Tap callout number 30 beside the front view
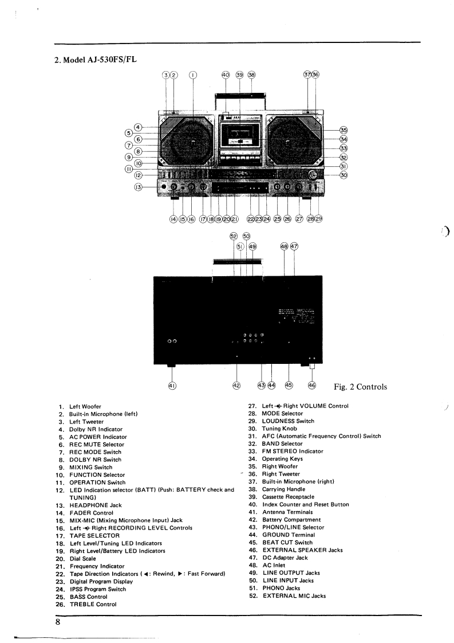click(344, 175)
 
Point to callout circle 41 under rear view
click(171, 386)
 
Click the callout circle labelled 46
click(311, 386)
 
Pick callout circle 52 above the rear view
click(233, 236)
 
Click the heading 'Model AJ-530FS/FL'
click(95, 60)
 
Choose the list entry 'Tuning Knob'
click(281, 429)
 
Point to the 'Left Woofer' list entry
click(85, 406)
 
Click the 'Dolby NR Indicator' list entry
click(96, 429)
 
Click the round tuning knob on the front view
click(313, 175)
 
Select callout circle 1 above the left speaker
click(193, 75)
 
